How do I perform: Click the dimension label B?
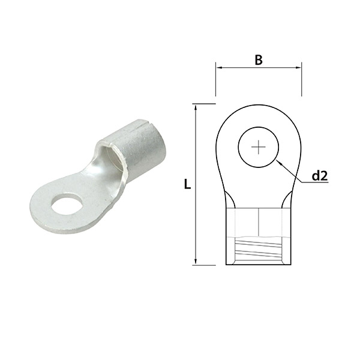[259, 59]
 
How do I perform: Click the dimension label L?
[187, 185]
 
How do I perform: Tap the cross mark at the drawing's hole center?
[259, 147]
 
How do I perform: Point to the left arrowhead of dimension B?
[219, 68]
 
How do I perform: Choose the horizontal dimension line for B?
[259, 68]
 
